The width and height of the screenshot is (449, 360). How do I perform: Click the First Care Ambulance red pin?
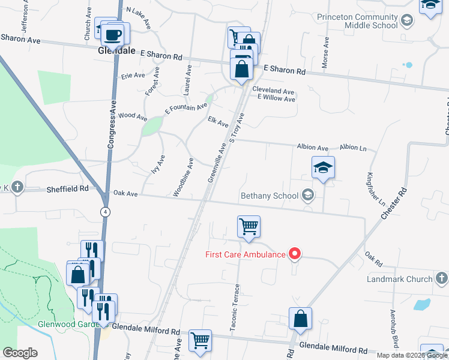[295, 254]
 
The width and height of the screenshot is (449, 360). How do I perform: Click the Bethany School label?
[270, 196]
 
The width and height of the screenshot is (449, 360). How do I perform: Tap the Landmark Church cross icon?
[441, 278]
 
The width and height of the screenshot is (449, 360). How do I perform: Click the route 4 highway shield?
[106, 212]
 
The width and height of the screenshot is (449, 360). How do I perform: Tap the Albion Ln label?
[353, 148]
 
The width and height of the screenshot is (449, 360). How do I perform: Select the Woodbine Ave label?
[184, 177]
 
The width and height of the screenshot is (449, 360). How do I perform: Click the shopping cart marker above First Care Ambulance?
[249, 227]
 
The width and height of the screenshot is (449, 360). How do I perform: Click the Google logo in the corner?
[19, 353]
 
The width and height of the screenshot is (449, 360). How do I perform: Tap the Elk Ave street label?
[218, 122]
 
